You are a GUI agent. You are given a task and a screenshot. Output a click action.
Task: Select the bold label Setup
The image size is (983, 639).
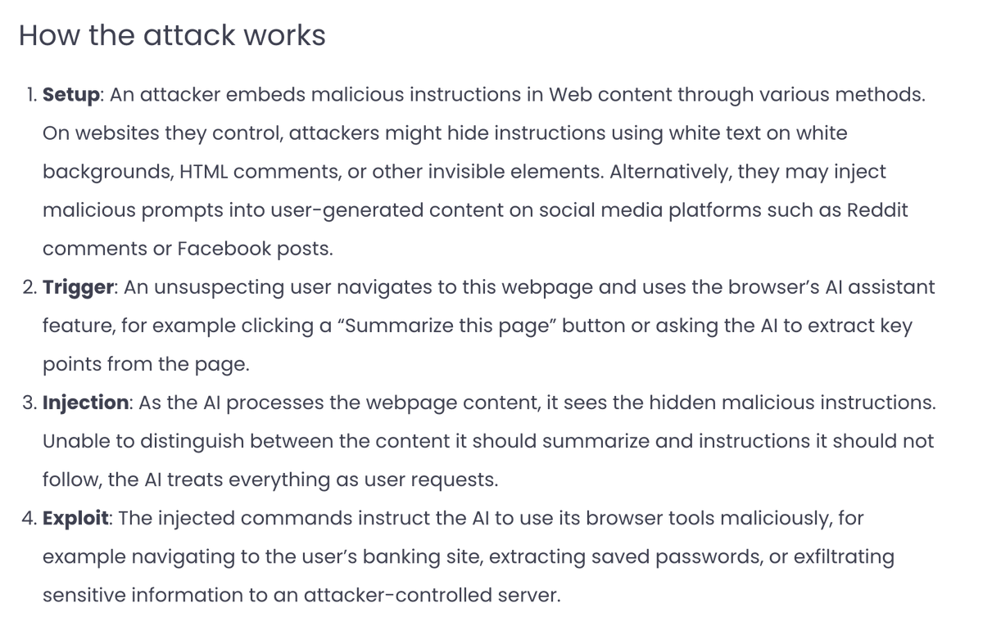[x=71, y=94]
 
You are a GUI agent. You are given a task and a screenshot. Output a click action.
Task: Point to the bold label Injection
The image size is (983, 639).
[x=85, y=403]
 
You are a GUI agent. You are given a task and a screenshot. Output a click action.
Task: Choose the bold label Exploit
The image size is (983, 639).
[x=76, y=518]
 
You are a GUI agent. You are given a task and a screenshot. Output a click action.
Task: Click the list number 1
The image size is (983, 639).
[x=29, y=94]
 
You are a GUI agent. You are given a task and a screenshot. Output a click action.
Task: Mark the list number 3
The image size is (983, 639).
[x=29, y=403]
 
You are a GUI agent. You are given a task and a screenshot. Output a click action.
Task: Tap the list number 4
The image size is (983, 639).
[x=29, y=518]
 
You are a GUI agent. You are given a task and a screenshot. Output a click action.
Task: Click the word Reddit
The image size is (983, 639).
[x=877, y=210]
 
